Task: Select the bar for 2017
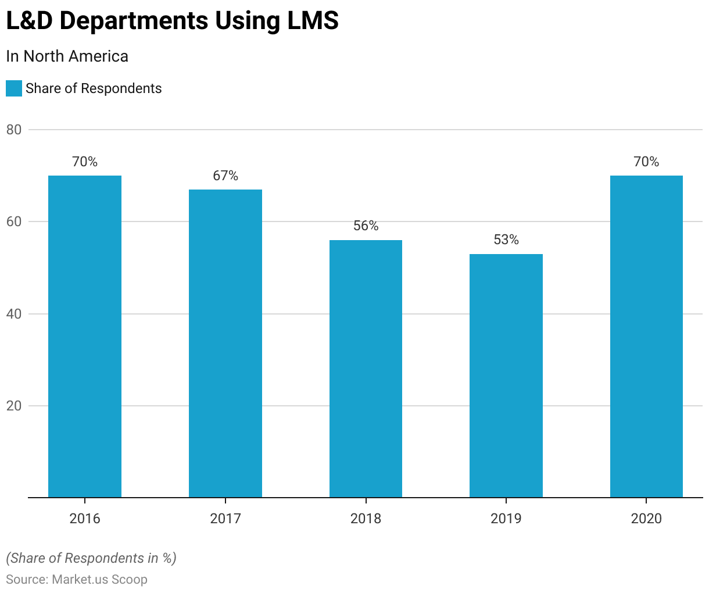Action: [225, 343]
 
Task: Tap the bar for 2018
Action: [366, 369]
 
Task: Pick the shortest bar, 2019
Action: [506, 376]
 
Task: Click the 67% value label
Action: [225, 176]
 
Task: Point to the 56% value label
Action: [366, 226]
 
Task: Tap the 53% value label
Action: [506, 240]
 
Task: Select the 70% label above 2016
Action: [85, 162]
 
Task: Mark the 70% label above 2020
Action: [646, 162]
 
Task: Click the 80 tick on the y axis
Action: [14, 130]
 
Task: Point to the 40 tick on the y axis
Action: [14, 314]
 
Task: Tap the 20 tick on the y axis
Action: [14, 406]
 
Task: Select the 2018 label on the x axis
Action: [366, 519]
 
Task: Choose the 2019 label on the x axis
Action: [506, 519]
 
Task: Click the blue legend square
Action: [14, 88]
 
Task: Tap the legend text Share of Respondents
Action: [94, 88]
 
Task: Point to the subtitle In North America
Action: [67, 56]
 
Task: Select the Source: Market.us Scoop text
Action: [77, 579]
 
